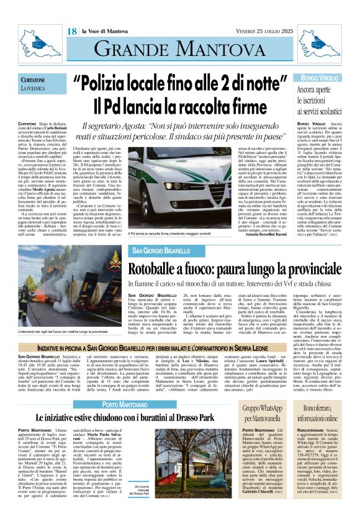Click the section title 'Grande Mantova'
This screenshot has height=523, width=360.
[x=180, y=48]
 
